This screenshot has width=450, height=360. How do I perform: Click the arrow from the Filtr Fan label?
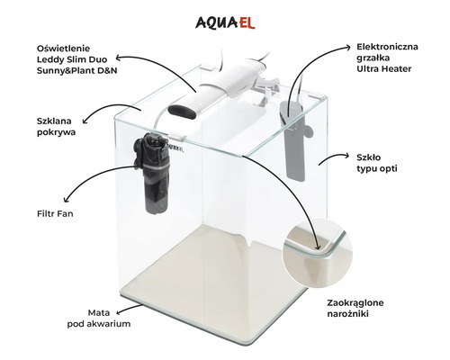(99, 184)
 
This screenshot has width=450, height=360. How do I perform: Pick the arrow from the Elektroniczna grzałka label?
(319, 67)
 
